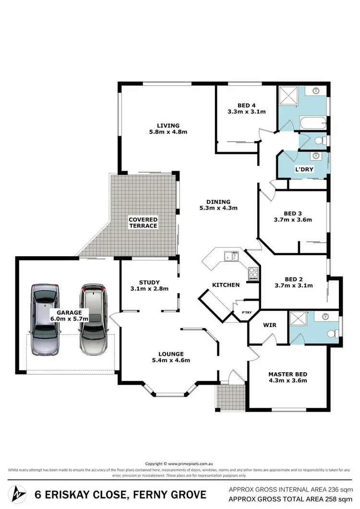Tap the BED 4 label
click(247, 106)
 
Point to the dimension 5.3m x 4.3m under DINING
click(219, 208)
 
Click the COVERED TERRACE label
click(143, 223)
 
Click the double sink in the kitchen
click(231, 257)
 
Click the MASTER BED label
click(288, 374)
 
